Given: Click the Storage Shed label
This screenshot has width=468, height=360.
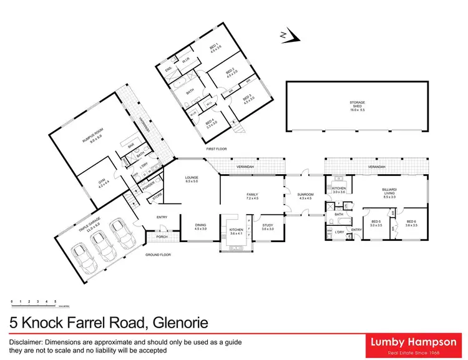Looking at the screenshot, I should click(x=356, y=105).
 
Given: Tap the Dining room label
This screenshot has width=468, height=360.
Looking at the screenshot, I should click(x=200, y=227).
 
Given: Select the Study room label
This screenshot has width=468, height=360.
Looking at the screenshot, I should click(x=268, y=227).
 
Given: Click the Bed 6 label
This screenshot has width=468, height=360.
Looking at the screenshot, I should click(x=411, y=223).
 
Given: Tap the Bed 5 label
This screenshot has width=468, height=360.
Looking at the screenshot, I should click(x=376, y=223).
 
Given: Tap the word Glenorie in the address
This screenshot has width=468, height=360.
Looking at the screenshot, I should click(x=177, y=323).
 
